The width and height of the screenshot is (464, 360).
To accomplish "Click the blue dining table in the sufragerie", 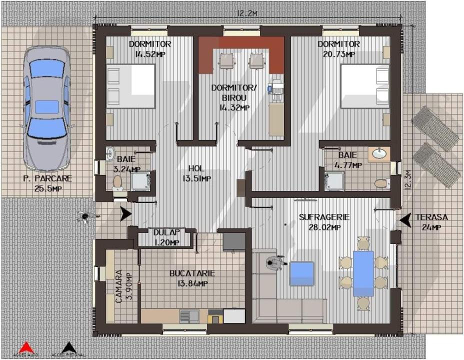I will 363,273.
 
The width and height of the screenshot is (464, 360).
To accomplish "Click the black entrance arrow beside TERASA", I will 405,218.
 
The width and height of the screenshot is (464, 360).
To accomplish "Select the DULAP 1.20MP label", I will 166,237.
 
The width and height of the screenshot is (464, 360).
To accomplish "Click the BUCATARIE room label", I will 192,278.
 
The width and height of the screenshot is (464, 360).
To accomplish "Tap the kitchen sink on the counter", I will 189,315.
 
